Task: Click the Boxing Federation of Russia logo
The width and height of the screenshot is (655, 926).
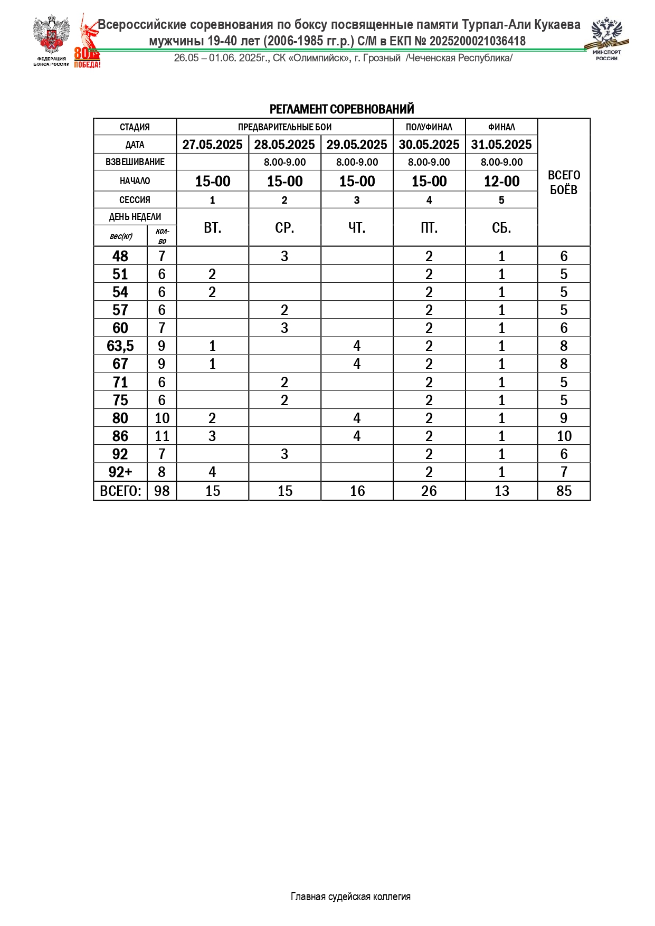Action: tap(51, 41)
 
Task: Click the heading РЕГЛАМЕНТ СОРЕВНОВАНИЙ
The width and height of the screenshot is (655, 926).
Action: tap(341, 109)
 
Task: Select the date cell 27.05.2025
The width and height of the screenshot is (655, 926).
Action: tap(212, 145)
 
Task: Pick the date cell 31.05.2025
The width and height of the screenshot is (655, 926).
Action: tap(501, 145)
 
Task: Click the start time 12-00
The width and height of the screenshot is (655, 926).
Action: tap(501, 182)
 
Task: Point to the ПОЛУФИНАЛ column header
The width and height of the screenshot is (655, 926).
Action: tap(429, 127)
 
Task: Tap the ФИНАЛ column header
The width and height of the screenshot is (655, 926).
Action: tap(501, 127)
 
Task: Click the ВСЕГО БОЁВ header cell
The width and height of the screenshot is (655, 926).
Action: tap(564, 183)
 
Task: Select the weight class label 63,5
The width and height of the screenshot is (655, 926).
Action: tap(120, 346)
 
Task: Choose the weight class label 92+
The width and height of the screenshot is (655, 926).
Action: tap(120, 472)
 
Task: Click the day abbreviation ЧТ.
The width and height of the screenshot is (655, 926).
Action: tap(357, 228)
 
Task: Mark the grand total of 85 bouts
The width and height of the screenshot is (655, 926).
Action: tap(564, 491)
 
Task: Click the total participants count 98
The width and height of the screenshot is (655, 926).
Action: tap(162, 491)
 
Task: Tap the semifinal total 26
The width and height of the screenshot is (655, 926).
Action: tap(429, 491)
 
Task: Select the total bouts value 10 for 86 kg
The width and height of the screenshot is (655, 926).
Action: tap(564, 436)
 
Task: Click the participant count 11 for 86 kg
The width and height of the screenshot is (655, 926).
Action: tap(162, 436)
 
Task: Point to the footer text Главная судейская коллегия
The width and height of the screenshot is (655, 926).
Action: tap(350, 896)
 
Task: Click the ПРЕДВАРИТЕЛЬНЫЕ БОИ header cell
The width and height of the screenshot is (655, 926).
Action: tap(284, 127)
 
